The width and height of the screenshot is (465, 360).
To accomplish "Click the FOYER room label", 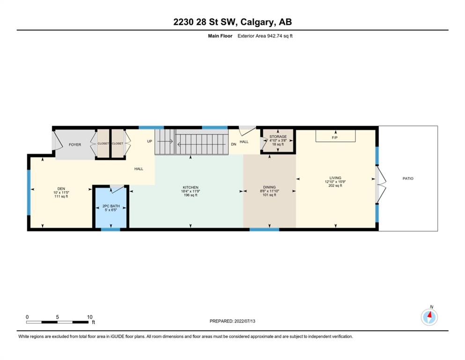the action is [75, 144].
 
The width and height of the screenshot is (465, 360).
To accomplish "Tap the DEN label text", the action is [61, 189].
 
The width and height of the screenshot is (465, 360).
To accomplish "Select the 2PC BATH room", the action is [111, 207].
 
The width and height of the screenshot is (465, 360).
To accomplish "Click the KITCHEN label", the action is [191, 187].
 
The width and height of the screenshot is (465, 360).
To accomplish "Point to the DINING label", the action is [269, 187].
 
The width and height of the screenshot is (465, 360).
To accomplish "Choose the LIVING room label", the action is [335, 178].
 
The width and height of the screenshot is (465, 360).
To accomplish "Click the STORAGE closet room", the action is [278, 141].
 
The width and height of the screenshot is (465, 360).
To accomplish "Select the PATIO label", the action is [408, 179].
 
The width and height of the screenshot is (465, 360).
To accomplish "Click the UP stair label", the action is [149, 141].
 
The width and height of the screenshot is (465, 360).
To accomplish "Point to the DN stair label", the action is [234, 144].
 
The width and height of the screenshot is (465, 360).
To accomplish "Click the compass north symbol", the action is [429, 317].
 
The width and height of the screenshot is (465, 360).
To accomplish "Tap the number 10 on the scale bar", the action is [89, 317].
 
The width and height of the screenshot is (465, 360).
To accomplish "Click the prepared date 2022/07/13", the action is [244, 321].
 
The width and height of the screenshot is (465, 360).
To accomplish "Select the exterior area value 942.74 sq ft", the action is [280, 36].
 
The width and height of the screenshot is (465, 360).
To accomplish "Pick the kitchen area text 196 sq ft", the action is [191, 195].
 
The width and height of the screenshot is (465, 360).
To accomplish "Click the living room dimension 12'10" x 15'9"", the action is [335, 181].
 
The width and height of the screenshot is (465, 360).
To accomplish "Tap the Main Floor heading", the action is [220, 36].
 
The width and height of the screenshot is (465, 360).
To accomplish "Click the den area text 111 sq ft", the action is [61, 196].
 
